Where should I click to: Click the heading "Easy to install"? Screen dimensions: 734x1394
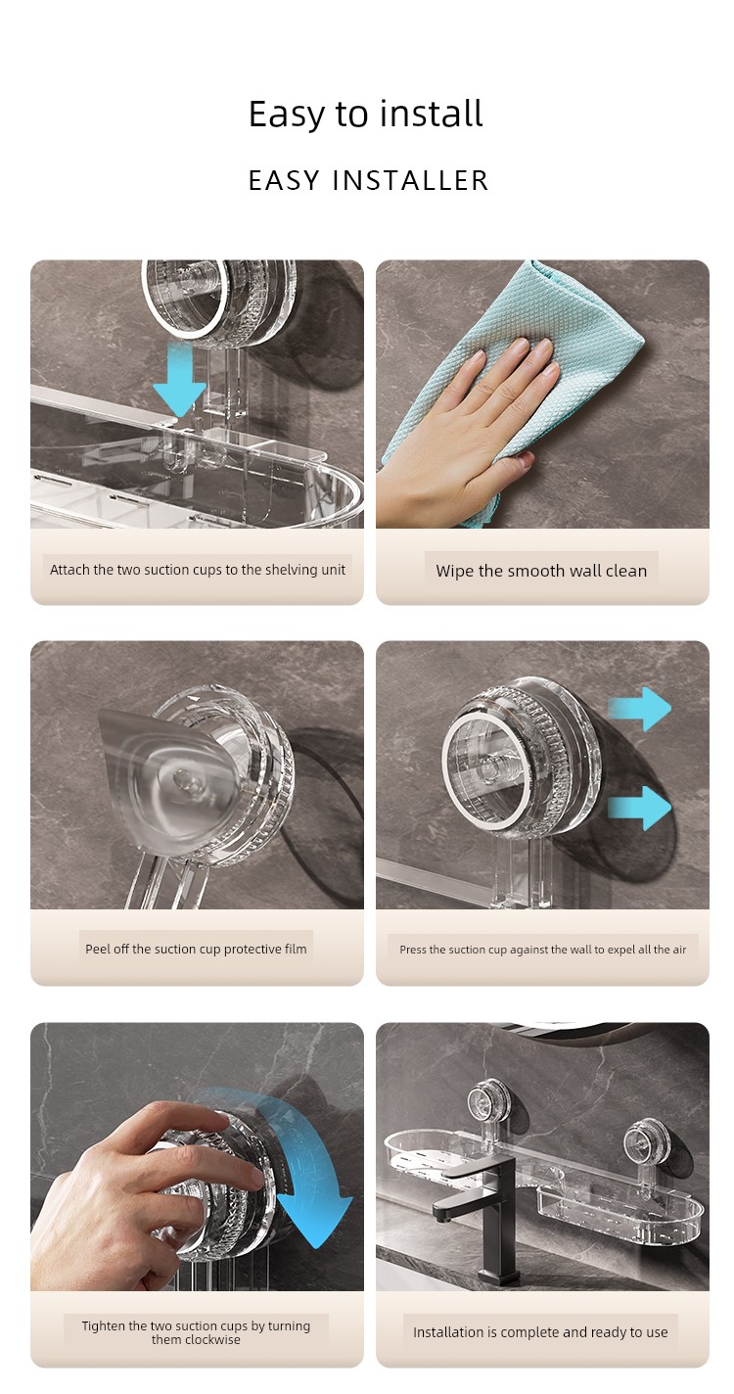tap(366, 114)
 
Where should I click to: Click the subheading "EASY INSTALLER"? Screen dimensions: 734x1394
tap(368, 180)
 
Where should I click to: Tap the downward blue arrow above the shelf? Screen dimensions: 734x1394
tap(179, 380)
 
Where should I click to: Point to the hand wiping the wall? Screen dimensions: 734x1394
tap(460, 430)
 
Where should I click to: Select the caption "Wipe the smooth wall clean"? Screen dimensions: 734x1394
tap(541, 571)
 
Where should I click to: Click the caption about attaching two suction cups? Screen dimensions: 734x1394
tap(197, 570)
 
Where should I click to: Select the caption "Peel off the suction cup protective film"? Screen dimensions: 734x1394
tap(196, 949)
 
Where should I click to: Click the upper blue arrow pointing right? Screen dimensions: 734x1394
tap(641, 709)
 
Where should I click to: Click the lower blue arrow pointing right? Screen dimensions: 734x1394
tap(641, 808)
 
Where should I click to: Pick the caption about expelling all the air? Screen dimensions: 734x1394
tap(542, 950)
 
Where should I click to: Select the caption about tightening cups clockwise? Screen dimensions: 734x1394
tap(196, 1332)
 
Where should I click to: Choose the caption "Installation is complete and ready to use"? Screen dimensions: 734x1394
tap(540, 1332)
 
